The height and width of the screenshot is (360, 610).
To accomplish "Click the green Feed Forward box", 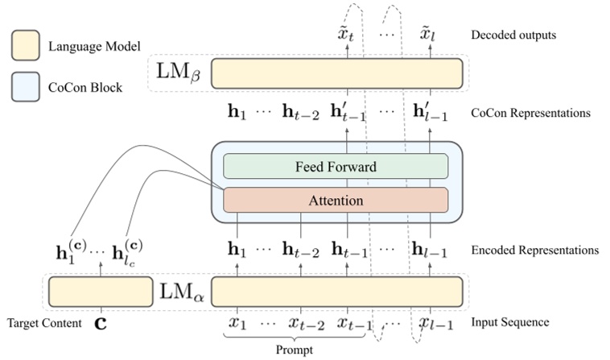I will (x=336, y=167).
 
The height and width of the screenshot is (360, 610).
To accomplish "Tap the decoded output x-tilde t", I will (x=348, y=35).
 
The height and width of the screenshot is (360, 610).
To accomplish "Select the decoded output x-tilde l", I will (x=427, y=35).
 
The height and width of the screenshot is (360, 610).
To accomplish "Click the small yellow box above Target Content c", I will (x=101, y=289).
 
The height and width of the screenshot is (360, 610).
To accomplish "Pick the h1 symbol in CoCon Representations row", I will (x=237, y=113).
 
